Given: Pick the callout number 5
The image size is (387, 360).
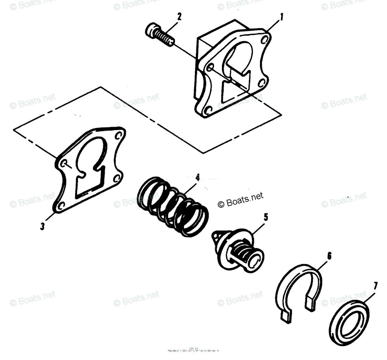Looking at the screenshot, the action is (x=265, y=217).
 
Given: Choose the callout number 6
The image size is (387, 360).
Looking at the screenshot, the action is (x=329, y=256).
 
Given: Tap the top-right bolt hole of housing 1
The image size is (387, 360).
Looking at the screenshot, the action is (x=265, y=41).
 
